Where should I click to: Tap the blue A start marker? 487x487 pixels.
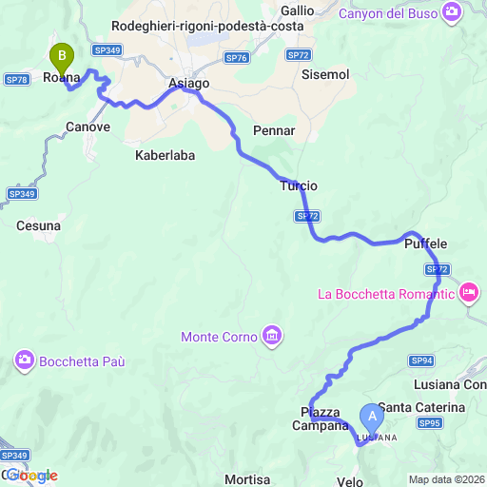click(x=371, y=416)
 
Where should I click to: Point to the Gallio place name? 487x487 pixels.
click(x=298, y=10)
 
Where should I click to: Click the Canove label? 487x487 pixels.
click(x=88, y=126)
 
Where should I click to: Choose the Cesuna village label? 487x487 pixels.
click(x=38, y=226)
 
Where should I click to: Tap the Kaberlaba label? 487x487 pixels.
click(x=165, y=153)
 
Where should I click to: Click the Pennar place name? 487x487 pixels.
click(x=275, y=129)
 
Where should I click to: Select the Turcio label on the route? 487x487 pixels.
click(x=299, y=185)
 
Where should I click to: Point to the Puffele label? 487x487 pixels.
click(x=425, y=244)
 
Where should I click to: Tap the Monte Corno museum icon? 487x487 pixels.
click(x=273, y=336)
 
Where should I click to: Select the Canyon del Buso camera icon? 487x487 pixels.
click(x=452, y=13)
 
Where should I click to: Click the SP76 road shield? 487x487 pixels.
click(x=237, y=58)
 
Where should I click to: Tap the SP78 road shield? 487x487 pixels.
click(x=16, y=80)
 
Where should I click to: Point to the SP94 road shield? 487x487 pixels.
click(x=422, y=360)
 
